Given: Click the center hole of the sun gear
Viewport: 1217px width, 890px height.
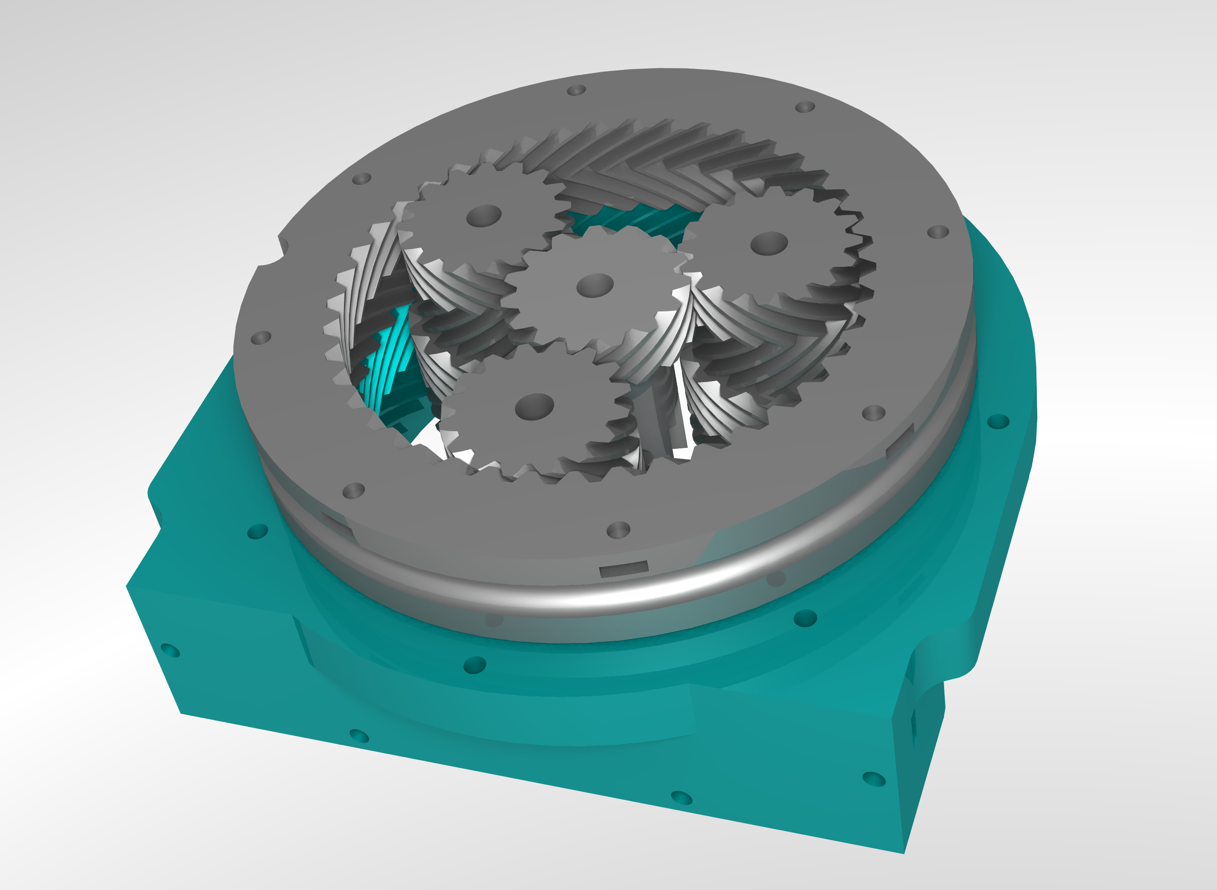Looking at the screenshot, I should (x=595, y=286).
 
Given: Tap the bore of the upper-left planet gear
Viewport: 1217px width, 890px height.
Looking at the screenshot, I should (x=484, y=216).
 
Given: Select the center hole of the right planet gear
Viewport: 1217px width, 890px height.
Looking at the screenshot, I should (x=769, y=243).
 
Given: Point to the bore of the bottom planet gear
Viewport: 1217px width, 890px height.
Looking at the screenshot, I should (x=534, y=406).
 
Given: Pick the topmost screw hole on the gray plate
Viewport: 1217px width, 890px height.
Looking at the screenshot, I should (x=576, y=90).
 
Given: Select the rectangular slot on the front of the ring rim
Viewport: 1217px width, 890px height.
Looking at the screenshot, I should (x=624, y=569).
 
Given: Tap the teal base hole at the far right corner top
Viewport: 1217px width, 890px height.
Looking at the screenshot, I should (x=998, y=421).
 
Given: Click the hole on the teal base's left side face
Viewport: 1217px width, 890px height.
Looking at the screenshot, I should (x=170, y=650).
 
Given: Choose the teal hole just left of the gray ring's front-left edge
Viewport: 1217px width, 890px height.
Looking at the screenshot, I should (x=258, y=532).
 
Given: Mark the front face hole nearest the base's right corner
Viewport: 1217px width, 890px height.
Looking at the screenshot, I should (x=874, y=779).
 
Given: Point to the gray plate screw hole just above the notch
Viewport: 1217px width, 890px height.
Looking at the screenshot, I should (x=361, y=178).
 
